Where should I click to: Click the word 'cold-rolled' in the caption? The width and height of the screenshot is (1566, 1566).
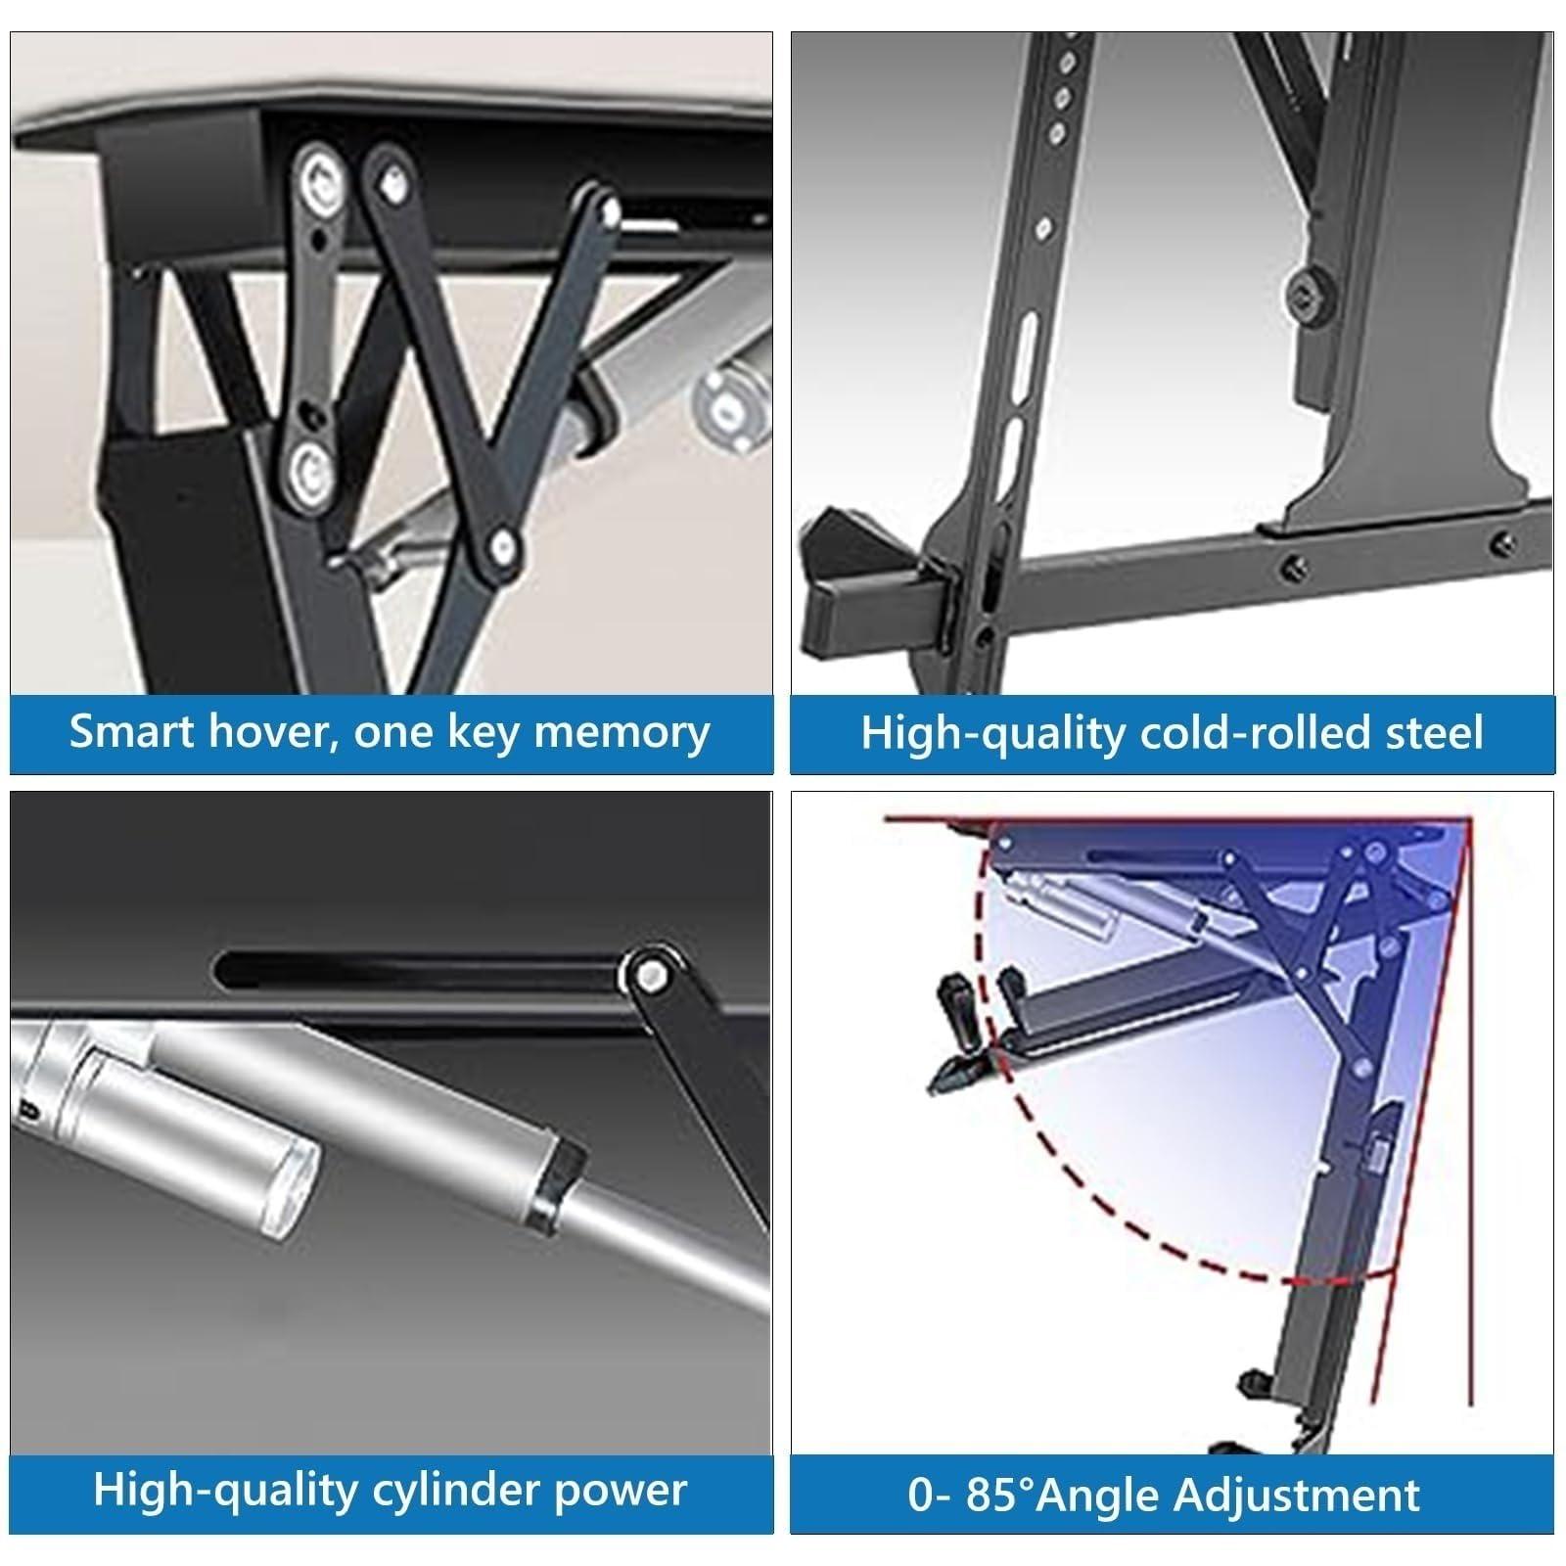pyautogui.click(x=1242, y=733)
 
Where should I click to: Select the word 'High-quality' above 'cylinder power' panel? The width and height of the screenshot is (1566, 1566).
pyautogui.click(x=226, y=1491)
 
